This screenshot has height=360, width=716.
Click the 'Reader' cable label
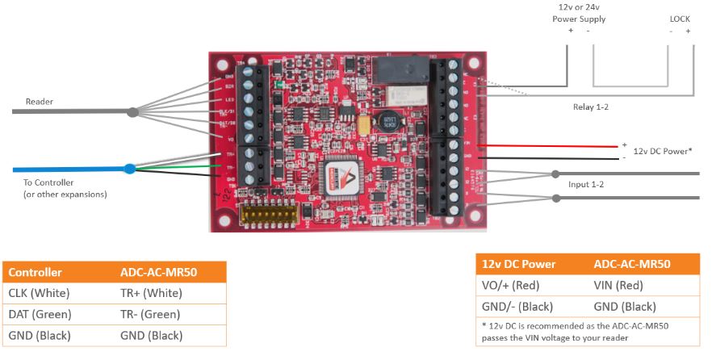tap(39, 102)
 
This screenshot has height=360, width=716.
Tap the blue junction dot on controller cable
tap(129, 170)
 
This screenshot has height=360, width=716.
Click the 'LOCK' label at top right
tap(680, 19)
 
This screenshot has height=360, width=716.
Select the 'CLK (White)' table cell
tap(39, 293)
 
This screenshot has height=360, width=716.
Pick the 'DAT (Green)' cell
tap(40, 314)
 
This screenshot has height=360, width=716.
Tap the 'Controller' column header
tap(36, 272)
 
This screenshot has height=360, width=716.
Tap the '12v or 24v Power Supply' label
tap(579, 14)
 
